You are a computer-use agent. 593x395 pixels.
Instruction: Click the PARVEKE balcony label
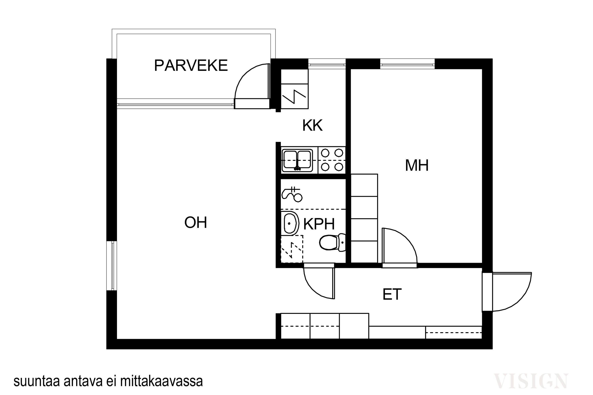(x=191, y=66)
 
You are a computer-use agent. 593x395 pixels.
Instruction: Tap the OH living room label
(x=196, y=222)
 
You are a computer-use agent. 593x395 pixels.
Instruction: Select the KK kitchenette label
(x=312, y=125)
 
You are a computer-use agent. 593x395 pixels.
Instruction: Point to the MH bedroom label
(x=417, y=165)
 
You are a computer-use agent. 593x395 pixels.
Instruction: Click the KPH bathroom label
(x=319, y=224)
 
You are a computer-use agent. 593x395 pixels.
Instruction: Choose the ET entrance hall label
(x=392, y=294)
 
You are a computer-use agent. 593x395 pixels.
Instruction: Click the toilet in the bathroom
(x=332, y=242)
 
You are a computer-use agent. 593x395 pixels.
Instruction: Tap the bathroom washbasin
(x=290, y=223)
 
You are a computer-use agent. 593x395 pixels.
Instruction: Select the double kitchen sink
(x=297, y=160)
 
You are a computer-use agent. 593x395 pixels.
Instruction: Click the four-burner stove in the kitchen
(x=332, y=160)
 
